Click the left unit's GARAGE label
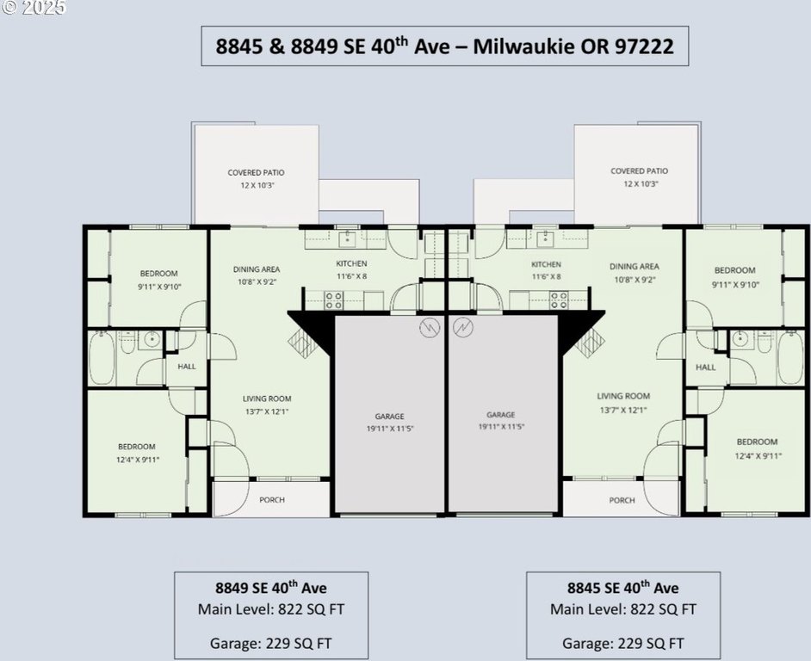click(x=389, y=416)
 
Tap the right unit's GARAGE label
click(x=501, y=414)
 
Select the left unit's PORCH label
click(x=272, y=500)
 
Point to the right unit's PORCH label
click(x=622, y=500)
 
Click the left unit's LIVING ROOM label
click(x=267, y=398)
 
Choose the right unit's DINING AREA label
click(x=635, y=266)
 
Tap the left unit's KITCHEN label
click(x=352, y=263)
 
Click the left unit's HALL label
click(x=187, y=366)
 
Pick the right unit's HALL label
click(x=705, y=368)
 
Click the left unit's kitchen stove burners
click(x=333, y=300)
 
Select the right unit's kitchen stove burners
click(x=559, y=300)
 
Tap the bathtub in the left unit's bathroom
click(x=102, y=358)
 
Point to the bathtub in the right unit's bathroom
click(x=790, y=358)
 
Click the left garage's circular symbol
click(x=430, y=327)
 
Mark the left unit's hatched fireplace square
click(x=302, y=343)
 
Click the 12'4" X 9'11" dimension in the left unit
click(x=138, y=460)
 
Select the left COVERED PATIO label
click(x=256, y=172)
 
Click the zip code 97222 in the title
click(x=644, y=46)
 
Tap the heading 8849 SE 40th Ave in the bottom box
click(x=271, y=588)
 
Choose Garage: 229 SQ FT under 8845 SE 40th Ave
click(x=622, y=644)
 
